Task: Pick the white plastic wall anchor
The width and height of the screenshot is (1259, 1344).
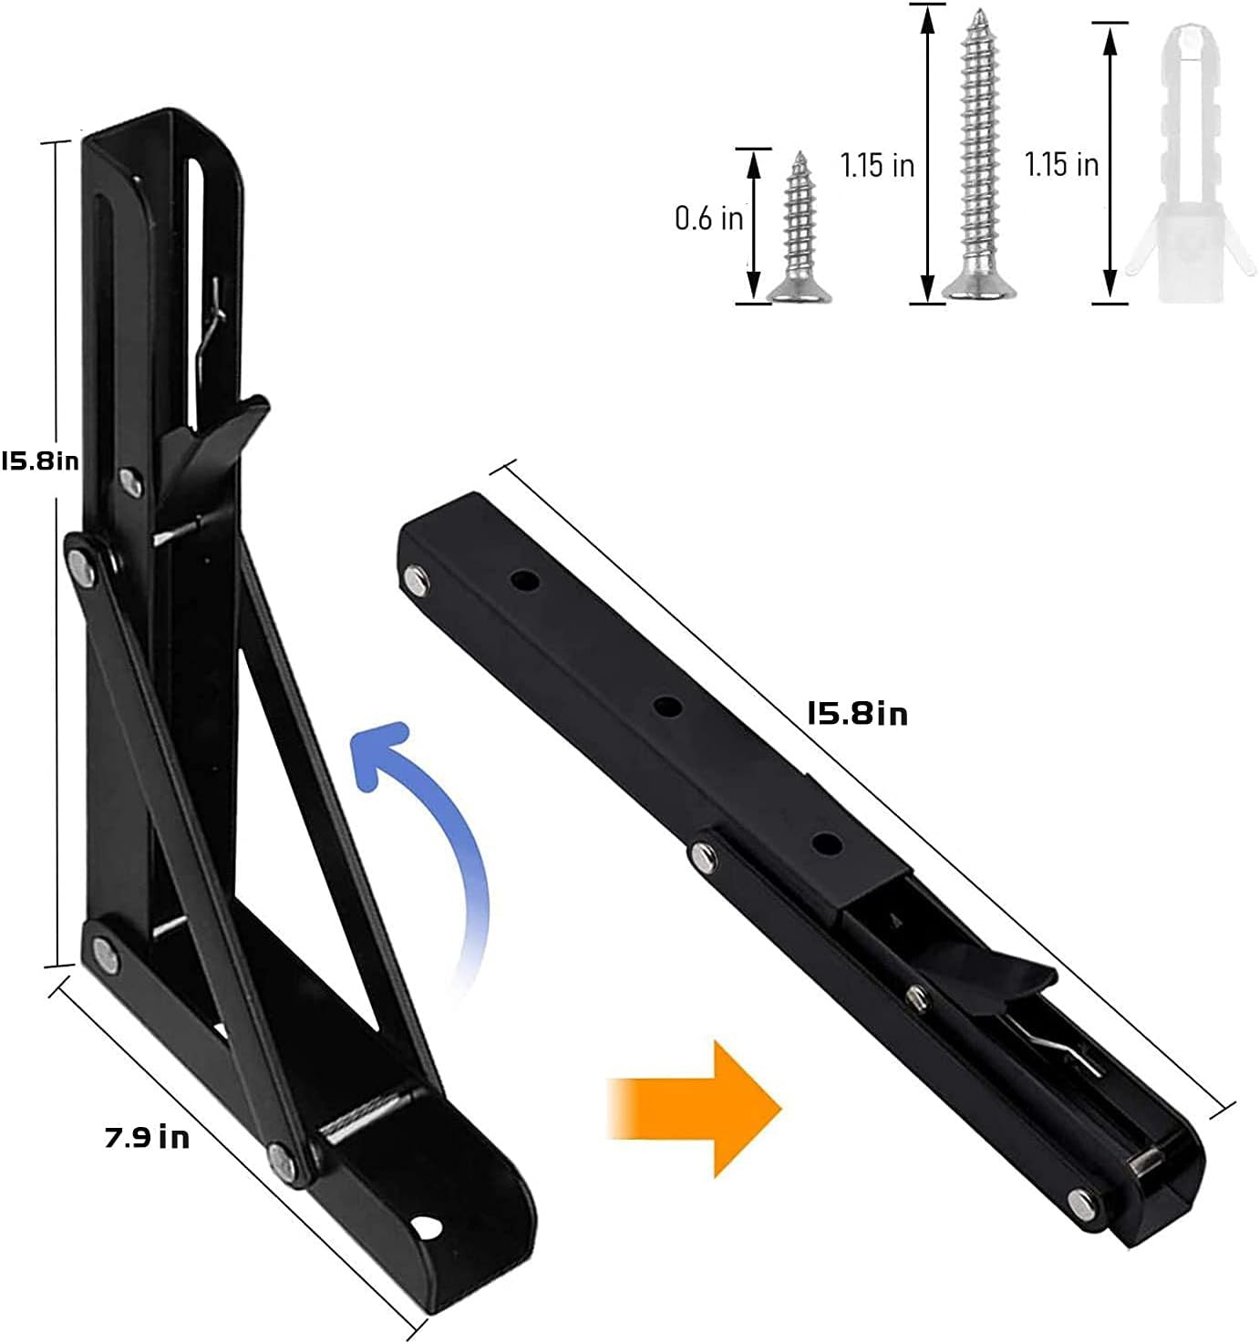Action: point(1181,164)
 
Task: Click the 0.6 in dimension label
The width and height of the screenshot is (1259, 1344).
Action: point(708,219)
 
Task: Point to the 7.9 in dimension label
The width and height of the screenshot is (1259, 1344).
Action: point(147,1137)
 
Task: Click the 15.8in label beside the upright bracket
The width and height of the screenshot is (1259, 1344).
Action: point(40,460)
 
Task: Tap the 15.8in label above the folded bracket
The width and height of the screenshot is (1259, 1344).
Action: point(857,712)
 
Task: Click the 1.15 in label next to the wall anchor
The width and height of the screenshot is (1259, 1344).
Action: point(1061,164)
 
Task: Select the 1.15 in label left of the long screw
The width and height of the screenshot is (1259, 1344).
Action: point(877,165)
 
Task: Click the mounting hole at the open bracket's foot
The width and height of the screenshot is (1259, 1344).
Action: point(425,1227)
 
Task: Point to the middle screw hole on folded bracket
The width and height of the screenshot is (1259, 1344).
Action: point(667,706)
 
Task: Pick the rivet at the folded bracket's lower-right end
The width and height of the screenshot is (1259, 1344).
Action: point(1080,1203)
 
